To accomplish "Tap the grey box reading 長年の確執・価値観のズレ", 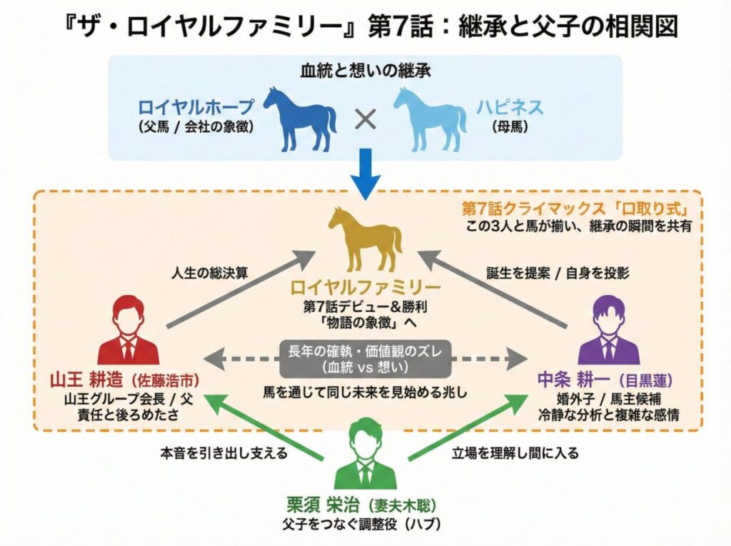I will (365, 359).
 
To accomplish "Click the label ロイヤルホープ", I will (197, 108).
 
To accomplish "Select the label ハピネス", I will (510, 108).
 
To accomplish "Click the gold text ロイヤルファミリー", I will (365, 289).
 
